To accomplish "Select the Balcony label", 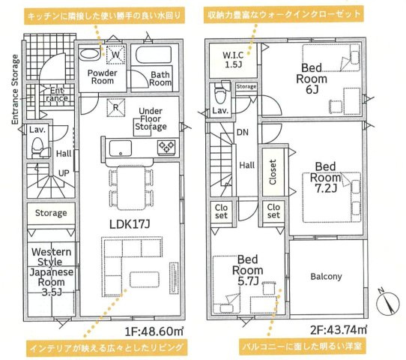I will [x=326, y=276].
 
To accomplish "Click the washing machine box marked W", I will [x=117, y=54].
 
